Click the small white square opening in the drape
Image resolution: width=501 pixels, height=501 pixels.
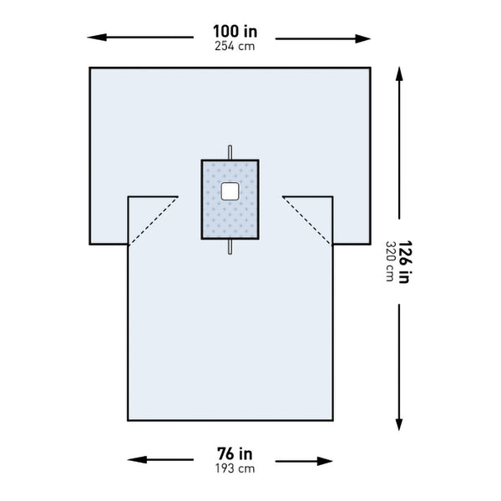tap(230, 191)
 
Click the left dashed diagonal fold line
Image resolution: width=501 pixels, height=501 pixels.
tap(153, 220)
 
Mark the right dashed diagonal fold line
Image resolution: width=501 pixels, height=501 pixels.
tap(308, 220)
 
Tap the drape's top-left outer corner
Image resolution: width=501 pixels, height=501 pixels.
tap(90, 68)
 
